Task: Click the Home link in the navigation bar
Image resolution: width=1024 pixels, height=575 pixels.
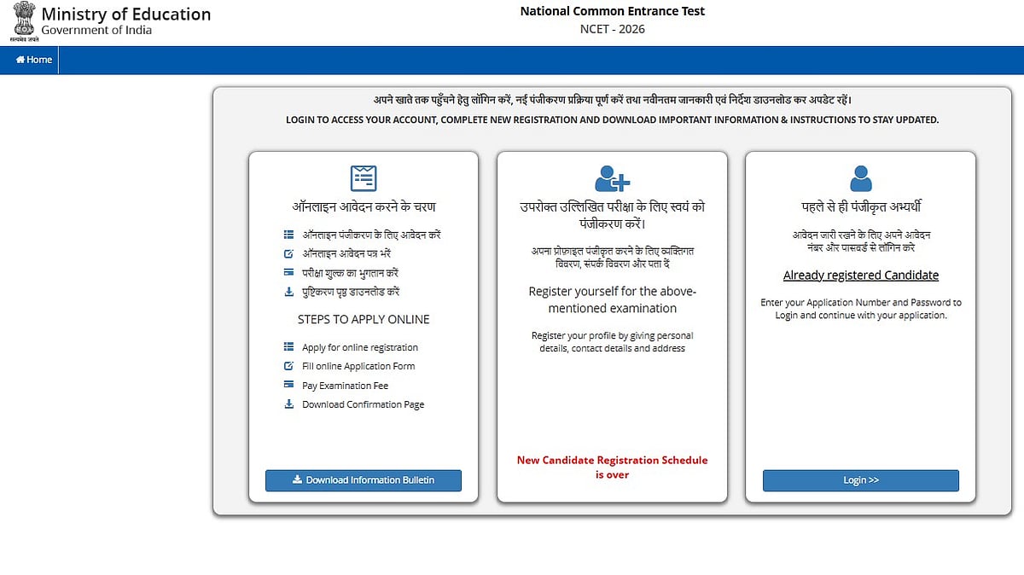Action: tap(34, 60)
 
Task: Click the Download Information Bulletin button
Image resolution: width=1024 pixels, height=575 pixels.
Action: tap(364, 480)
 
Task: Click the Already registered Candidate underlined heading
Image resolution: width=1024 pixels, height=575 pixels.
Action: tap(861, 275)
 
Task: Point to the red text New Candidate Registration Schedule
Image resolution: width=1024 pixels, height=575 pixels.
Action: tap(612, 460)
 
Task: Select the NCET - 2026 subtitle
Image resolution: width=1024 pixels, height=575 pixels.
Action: tap(612, 29)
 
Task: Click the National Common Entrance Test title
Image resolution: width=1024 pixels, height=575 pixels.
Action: tap(613, 11)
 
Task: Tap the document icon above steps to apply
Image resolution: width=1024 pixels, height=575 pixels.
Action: tap(364, 177)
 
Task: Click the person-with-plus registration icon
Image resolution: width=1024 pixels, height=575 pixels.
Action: tap(612, 178)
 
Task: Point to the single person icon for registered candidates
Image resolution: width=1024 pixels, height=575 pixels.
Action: tap(861, 178)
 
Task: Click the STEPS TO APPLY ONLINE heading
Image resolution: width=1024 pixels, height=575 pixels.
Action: tap(364, 319)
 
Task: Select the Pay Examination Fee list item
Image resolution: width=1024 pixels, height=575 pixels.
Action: tap(345, 386)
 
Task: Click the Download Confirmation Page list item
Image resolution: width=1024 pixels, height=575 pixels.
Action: tap(363, 404)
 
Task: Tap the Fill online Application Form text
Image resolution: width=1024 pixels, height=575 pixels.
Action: tap(358, 366)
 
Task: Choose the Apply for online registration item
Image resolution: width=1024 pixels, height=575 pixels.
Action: tap(360, 347)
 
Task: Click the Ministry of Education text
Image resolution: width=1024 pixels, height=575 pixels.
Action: tap(126, 15)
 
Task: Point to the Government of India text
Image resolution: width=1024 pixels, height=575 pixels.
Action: tap(96, 31)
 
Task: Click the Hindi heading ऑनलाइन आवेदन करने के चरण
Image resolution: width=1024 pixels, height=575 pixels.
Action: tap(364, 206)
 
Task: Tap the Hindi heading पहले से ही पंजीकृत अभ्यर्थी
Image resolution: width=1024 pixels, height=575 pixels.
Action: tap(861, 206)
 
